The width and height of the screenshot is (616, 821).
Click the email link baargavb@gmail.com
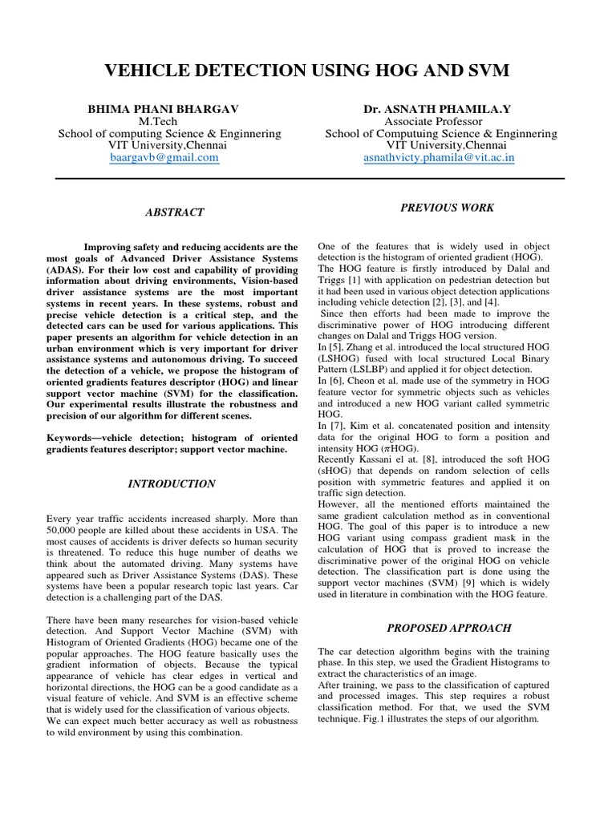164,158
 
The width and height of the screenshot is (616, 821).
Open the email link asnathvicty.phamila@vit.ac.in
440,158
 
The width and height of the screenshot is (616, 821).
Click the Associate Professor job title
440,120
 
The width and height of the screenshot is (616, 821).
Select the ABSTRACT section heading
174,212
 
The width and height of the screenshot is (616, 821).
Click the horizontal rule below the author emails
308,178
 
